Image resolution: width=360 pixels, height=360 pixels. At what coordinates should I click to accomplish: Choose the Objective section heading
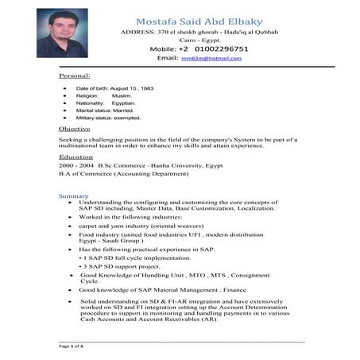pos(74,129)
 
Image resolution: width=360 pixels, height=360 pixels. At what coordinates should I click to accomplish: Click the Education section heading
pos(75,157)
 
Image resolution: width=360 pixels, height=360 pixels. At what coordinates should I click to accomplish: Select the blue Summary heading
pos(73,195)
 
